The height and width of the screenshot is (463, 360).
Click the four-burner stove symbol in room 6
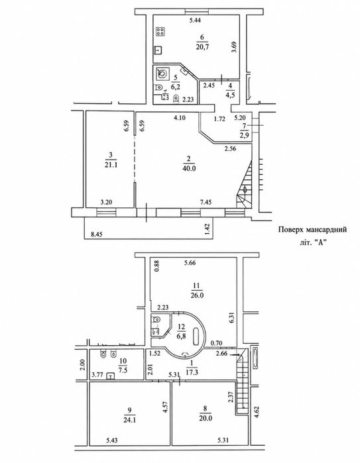tap(160, 32)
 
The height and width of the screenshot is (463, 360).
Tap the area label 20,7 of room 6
tap(202, 46)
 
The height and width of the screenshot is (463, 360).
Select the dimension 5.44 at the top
tap(195, 21)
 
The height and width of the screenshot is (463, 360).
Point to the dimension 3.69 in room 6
tap(234, 46)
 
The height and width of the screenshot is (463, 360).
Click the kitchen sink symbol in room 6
tap(158, 50)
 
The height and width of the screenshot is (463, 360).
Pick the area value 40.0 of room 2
tap(190, 169)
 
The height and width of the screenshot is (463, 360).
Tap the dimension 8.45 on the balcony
tap(97, 235)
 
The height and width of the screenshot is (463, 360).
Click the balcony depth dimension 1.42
tap(208, 229)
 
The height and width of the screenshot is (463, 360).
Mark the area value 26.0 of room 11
tap(197, 295)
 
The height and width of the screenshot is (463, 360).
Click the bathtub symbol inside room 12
tap(197, 336)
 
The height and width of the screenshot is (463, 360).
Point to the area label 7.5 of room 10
tap(123, 370)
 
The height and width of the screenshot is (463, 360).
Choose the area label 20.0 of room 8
tap(206, 418)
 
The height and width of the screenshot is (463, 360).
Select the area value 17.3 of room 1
tap(192, 373)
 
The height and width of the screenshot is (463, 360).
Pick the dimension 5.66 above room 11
tap(190, 263)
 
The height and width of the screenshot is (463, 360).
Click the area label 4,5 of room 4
tap(230, 95)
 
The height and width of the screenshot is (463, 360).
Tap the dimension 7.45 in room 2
tap(206, 202)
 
